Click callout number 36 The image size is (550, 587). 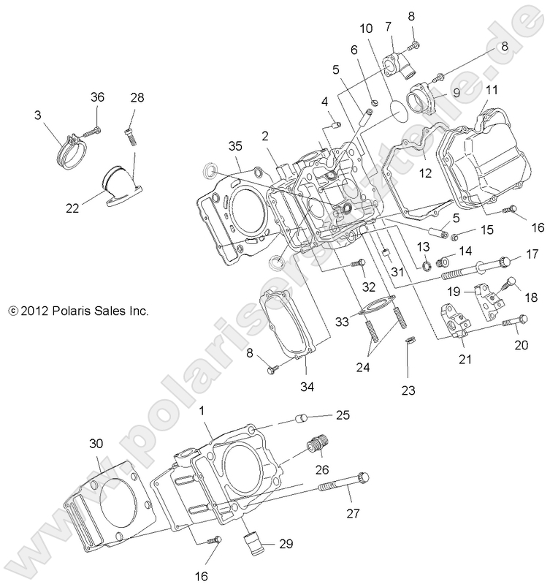[x=98, y=97]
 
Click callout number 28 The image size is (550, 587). [x=137, y=97]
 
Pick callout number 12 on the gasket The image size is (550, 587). [x=425, y=173]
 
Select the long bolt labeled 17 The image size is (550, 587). [x=475, y=269]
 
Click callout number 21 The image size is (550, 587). [x=465, y=358]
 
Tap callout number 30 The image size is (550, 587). [x=96, y=443]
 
